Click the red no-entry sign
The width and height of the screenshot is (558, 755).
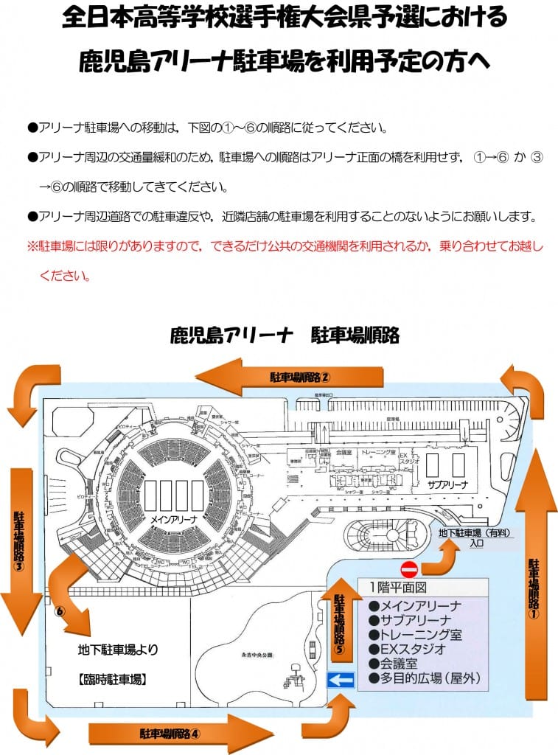[x=409, y=569]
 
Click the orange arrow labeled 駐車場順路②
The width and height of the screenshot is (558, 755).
[x=291, y=377]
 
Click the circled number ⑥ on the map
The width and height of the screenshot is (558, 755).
[x=60, y=611]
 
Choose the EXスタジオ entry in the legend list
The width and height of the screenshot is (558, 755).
[x=414, y=649]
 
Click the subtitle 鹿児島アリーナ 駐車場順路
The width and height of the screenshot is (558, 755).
[x=284, y=335]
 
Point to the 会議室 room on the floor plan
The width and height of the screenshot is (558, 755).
[x=342, y=452]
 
